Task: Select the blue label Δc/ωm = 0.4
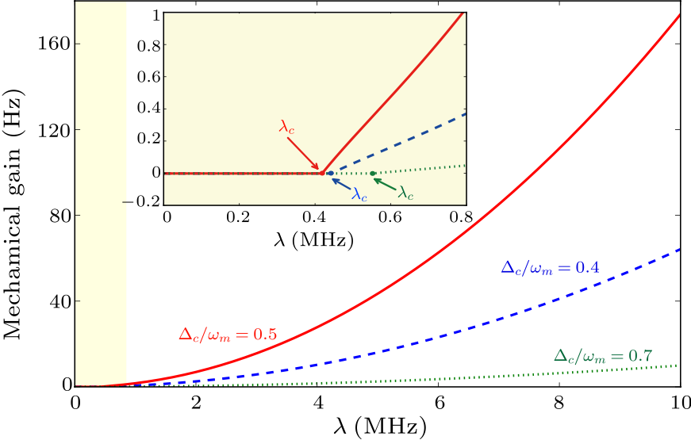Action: coord(549,268)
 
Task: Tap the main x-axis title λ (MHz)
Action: coord(378,426)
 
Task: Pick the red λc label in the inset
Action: coord(288,126)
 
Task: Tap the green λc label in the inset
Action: coord(406,192)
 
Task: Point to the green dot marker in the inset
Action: coord(372,173)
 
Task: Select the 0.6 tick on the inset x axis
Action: coord(390,216)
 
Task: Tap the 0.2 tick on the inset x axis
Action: coord(240,216)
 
